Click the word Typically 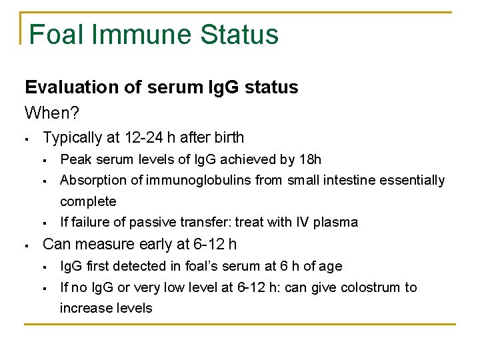[69, 138]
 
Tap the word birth [227, 138]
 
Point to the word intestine [351, 180]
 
